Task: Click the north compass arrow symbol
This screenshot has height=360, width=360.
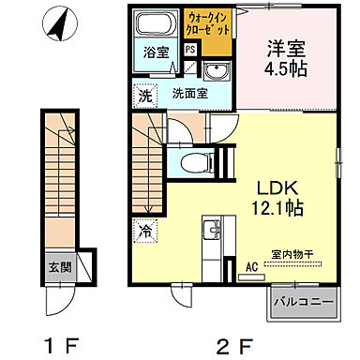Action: tap(59, 22)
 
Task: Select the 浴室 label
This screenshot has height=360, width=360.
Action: tap(157, 52)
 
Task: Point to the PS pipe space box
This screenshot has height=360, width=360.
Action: tap(190, 50)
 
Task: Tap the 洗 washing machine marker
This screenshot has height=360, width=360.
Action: tap(145, 94)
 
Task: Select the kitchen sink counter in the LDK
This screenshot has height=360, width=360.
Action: tap(213, 239)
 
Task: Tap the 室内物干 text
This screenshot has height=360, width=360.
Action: tap(292, 253)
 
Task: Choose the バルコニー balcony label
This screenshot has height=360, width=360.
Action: tap(301, 302)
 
